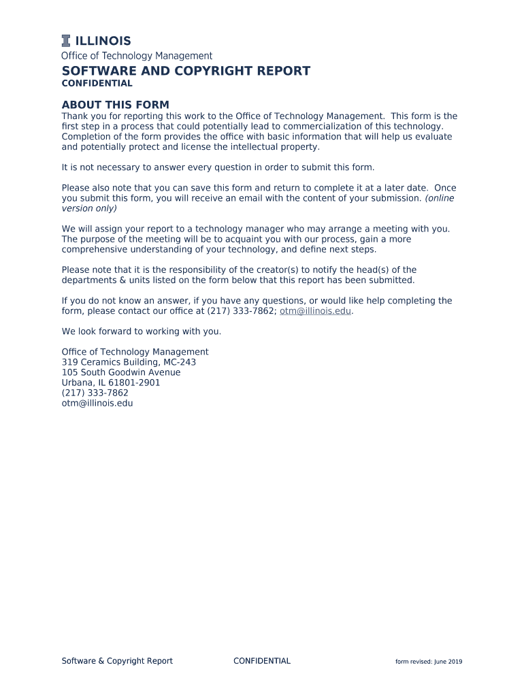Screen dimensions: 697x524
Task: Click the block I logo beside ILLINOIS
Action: [x=66, y=40]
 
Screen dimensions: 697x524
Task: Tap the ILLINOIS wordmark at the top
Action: [x=103, y=41]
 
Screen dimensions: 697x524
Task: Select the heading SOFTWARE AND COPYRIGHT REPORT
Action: [x=186, y=71]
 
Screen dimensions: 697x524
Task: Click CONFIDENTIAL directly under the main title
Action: [x=97, y=84]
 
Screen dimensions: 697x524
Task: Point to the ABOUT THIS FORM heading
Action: [x=115, y=105]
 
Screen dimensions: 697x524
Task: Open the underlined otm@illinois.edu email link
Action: [x=315, y=311]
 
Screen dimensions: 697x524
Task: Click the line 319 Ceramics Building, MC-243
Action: [x=129, y=362]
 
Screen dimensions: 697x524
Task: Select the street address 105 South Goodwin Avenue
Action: [x=121, y=372]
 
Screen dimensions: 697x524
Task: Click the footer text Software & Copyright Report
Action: [x=117, y=661]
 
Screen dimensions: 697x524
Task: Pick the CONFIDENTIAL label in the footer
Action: [x=262, y=661]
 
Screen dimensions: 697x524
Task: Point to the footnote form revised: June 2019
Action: [x=429, y=662]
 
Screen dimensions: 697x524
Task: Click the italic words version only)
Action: [x=89, y=208]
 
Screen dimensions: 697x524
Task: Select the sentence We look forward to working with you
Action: [x=142, y=331]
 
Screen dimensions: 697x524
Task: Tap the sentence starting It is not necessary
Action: [x=218, y=167]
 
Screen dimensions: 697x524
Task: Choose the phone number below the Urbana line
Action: [x=95, y=393]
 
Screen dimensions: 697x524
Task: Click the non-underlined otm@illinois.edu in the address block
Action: [x=97, y=403]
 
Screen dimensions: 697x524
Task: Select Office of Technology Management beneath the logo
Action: [x=137, y=56]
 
